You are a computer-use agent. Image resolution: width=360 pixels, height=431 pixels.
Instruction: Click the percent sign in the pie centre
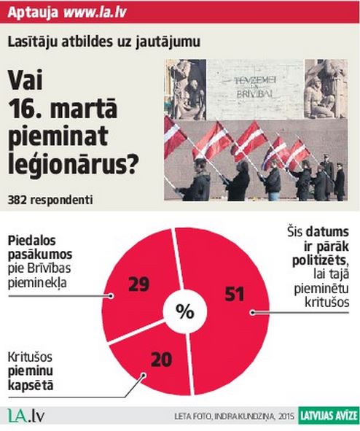point(185,312)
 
